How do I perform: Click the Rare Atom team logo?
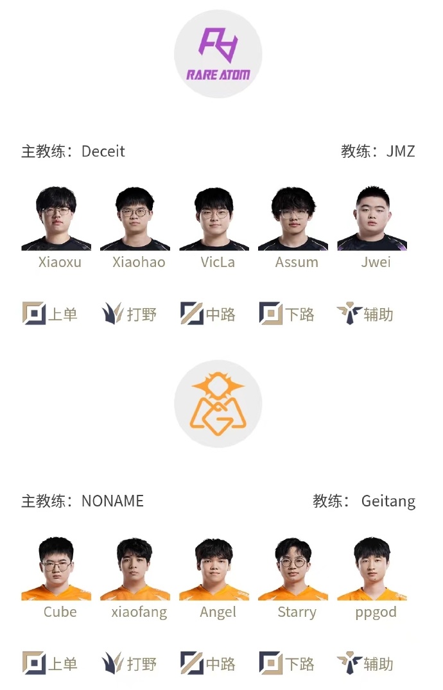coord(218,54)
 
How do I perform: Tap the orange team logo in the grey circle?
coord(218,404)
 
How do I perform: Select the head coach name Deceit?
coord(103,151)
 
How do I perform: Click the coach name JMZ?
coord(401,151)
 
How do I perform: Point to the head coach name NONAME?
coord(113,501)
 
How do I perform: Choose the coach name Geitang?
coord(388,502)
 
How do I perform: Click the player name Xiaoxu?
coord(60,263)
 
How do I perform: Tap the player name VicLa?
coord(218,263)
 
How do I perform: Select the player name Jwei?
coord(376,263)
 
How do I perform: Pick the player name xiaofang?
coord(139,612)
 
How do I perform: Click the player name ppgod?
coord(376,613)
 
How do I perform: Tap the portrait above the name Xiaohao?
coord(135,219)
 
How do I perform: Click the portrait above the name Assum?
coord(293,219)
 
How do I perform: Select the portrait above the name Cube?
coord(56,569)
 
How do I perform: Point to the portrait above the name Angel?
coord(214,569)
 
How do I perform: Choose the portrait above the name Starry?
coord(293,569)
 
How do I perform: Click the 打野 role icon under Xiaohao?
coord(112,314)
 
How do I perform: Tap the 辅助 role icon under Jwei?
coord(350,313)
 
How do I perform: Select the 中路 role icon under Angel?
coord(192,663)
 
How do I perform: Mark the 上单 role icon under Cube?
coord(34,663)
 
